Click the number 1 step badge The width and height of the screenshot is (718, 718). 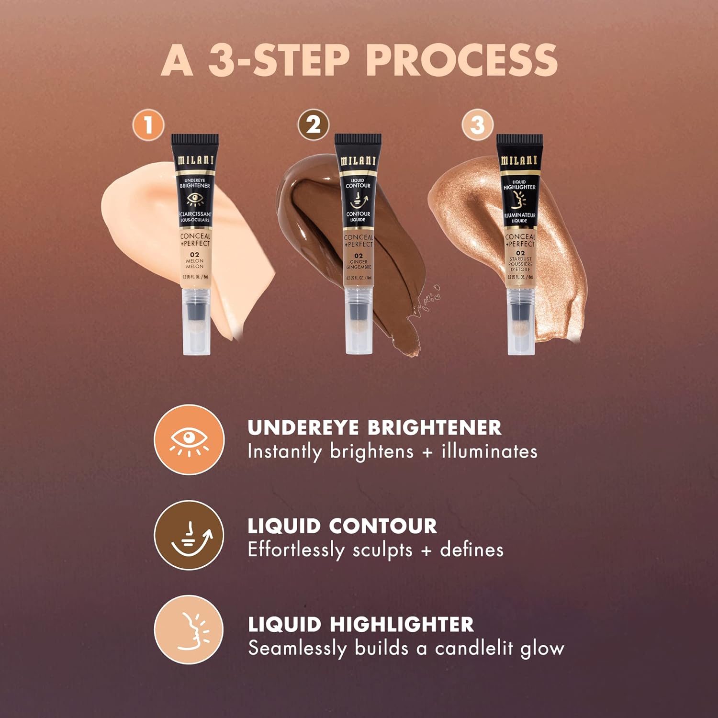coord(148,125)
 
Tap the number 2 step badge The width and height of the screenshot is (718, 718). coord(314,125)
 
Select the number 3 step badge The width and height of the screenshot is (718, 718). coord(477,125)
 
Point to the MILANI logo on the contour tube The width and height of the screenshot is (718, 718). coord(358,161)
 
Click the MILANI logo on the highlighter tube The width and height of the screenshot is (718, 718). coord(519,161)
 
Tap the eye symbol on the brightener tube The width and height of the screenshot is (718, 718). coord(195,199)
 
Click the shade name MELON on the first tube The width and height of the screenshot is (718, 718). coord(195,261)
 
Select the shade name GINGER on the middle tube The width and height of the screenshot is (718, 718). coord(359,262)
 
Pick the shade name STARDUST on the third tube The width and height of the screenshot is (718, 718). coord(520,259)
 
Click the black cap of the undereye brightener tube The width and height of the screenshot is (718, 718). coord(195,140)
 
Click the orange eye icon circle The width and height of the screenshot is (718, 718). coord(189,439)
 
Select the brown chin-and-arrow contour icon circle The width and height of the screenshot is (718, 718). coord(189,535)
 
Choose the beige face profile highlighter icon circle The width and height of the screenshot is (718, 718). coord(189,630)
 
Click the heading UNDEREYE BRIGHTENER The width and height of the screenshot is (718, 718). coord(374,427)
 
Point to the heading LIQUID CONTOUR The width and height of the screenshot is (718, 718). coord(342,526)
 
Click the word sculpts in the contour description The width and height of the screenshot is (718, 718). coord(382,550)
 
